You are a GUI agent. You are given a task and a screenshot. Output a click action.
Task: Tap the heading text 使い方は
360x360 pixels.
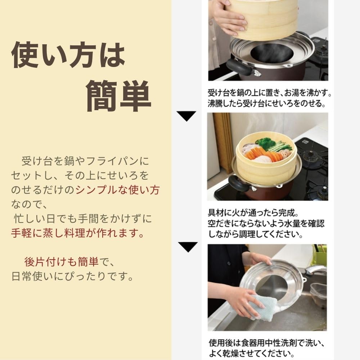(x=68, y=55)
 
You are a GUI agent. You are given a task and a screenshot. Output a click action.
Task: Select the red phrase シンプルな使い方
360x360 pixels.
(x=118, y=190)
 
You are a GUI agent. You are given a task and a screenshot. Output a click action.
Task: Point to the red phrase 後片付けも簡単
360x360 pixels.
(x=62, y=262)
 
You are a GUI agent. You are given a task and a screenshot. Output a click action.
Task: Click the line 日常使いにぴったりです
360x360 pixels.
(x=73, y=276)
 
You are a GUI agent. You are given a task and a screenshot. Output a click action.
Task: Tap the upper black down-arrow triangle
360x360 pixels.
(x=186, y=116)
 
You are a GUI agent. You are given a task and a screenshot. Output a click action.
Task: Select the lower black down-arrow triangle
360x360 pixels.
(x=188, y=247)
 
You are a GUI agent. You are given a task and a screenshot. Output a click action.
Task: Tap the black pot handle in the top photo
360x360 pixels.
(x=239, y=67)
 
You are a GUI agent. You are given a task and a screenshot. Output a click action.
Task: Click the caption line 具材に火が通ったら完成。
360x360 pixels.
(x=253, y=213)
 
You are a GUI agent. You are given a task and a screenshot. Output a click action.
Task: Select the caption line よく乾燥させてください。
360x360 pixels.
(x=252, y=353)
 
